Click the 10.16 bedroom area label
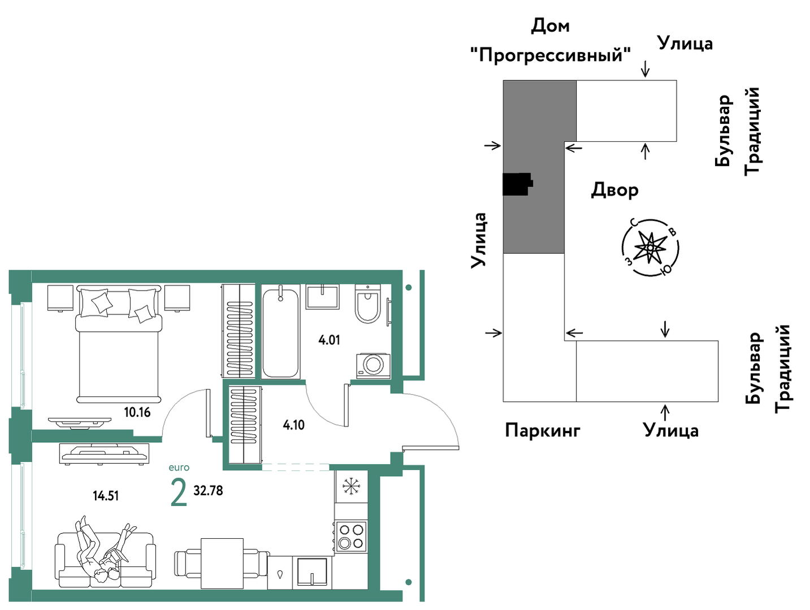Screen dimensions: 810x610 pos(137,412)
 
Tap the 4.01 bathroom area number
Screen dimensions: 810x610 pos(329,340)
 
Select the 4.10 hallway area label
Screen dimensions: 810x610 pos(294,425)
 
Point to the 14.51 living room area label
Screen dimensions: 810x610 pos(106,496)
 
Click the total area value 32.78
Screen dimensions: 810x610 pos(208,491)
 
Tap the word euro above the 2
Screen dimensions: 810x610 pos(179,468)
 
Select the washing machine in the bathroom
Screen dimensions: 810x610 pos(373,366)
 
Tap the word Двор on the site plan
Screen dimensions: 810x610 pos(614,191)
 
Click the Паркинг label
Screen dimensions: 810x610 pos(543,431)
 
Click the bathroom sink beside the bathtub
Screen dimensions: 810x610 pos(322,297)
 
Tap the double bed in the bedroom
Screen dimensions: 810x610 pos(119,343)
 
